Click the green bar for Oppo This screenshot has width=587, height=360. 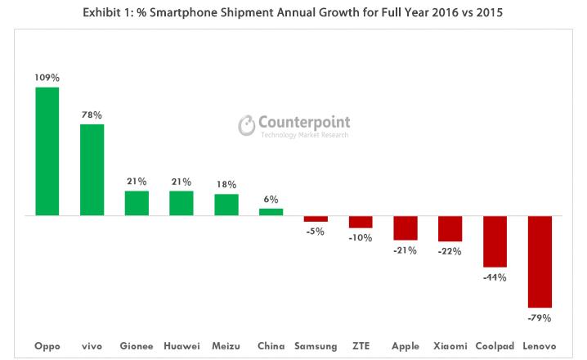(x=47, y=151)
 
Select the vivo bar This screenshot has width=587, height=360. (x=92, y=169)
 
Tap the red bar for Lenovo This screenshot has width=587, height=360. (x=540, y=261)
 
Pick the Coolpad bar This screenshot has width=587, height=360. (x=495, y=241)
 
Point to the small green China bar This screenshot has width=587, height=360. (x=271, y=212)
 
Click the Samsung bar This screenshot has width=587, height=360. (x=316, y=218)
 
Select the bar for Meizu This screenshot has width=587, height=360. (x=226, y=205)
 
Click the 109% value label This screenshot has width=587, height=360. (x=47, y=78)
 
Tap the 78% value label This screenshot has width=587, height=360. (x=92, y=115)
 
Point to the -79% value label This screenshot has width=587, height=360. (x=540, y=317)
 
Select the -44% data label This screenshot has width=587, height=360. (x=495, y=277)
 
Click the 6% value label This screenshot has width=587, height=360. (x=271, y=199)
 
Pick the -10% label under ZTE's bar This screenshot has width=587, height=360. (x=361, y=237)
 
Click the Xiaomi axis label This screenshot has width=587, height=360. (x=450, y=346)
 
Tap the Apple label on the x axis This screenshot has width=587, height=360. (x=405, y=346)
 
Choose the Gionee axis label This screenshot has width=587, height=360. (x=137, y=346)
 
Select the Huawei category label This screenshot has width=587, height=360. (x=181, y=346)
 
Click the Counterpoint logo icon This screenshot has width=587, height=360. (x=247, y=125)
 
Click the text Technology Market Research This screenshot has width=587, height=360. (x=304, y=135)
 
